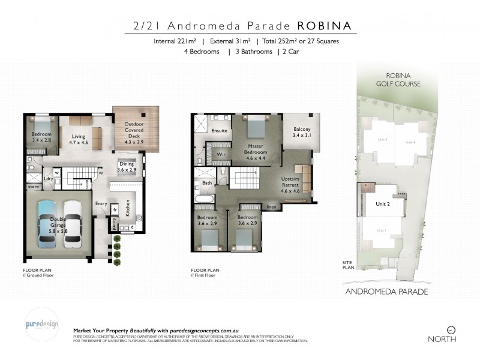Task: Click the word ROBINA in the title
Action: tap(323, 26)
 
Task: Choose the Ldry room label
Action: tap(49, 178)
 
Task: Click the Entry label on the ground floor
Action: tap(101, 203)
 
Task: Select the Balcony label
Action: tap(302, 132)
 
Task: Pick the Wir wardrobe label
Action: tap(220, 154)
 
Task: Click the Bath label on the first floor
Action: tap(206, 183)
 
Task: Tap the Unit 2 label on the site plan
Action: tap(383, 203)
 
